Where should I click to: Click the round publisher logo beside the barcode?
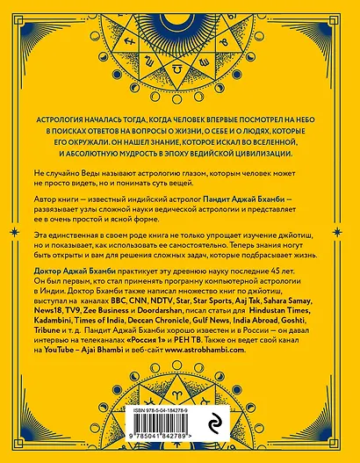[231, 422]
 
